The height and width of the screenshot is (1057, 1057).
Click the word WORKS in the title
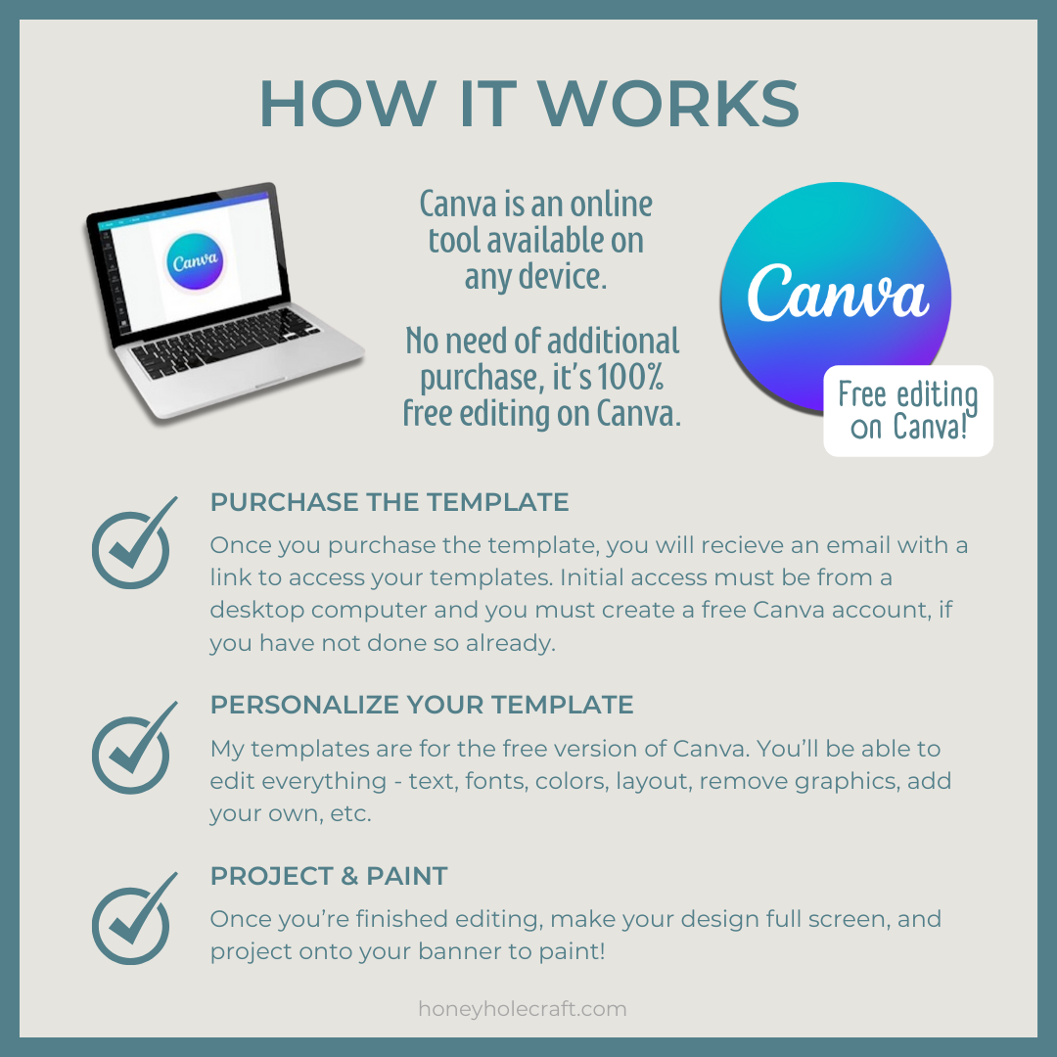[x=668, y=104]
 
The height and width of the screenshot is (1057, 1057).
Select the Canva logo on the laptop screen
[x=195, y=261]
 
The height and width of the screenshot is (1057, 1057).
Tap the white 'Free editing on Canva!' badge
[x=908, y=410]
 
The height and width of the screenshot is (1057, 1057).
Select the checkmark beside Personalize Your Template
[x=134, y=748]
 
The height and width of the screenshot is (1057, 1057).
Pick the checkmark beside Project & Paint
[x=134, y=918]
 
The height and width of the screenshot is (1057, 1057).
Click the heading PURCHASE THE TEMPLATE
[x=390, y=502]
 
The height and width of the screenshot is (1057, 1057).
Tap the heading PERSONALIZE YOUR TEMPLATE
[x=422, y=705]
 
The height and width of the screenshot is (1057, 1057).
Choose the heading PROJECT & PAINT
[x=329, y=876]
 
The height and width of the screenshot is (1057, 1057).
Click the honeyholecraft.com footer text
[x=523, y=1008]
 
